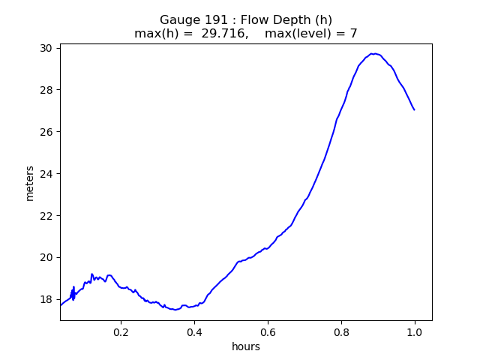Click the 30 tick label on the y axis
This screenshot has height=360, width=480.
click(46, 48)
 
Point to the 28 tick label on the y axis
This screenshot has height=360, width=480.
click(46, 90)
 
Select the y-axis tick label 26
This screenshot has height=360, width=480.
click(46, 132)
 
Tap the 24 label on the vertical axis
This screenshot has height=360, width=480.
click(46, 174)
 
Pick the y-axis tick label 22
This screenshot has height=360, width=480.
click(46, 216)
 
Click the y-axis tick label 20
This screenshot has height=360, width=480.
click(46, 258)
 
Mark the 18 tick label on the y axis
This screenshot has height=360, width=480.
click(46, 299)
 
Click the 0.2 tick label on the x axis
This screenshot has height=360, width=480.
click(121, 332)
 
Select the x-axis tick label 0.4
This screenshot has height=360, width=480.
click(195, 332)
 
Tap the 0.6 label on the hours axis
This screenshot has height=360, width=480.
click(268, 332)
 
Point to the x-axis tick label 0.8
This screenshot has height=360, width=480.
click(341, 332)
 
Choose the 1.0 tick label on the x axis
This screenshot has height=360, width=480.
click(415, 332)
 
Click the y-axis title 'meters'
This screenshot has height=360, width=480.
click(30, 184)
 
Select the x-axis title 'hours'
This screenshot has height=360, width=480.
click(246, 346)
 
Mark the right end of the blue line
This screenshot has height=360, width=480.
click(415, 110)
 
